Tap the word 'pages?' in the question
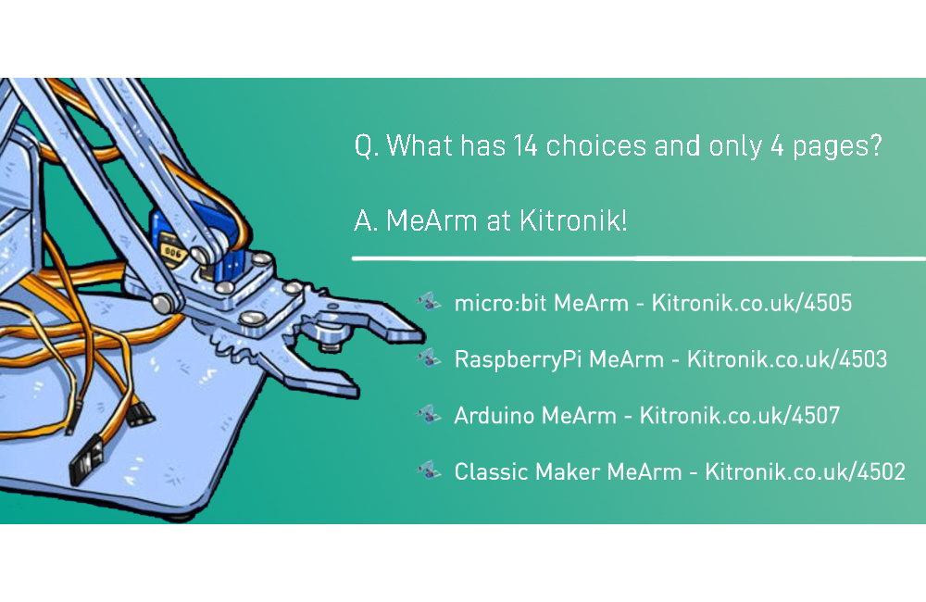[835, 147]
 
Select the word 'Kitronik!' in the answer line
[572, 221]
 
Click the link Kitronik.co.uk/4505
[752, 303]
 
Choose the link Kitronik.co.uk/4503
[787, 359]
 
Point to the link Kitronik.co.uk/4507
[740, 416]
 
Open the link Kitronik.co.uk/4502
[805, 472]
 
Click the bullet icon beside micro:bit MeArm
[428, 301]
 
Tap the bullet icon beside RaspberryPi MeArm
[428, 357]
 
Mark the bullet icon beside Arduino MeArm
[428, 414]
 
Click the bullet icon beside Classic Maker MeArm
[428, 470]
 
